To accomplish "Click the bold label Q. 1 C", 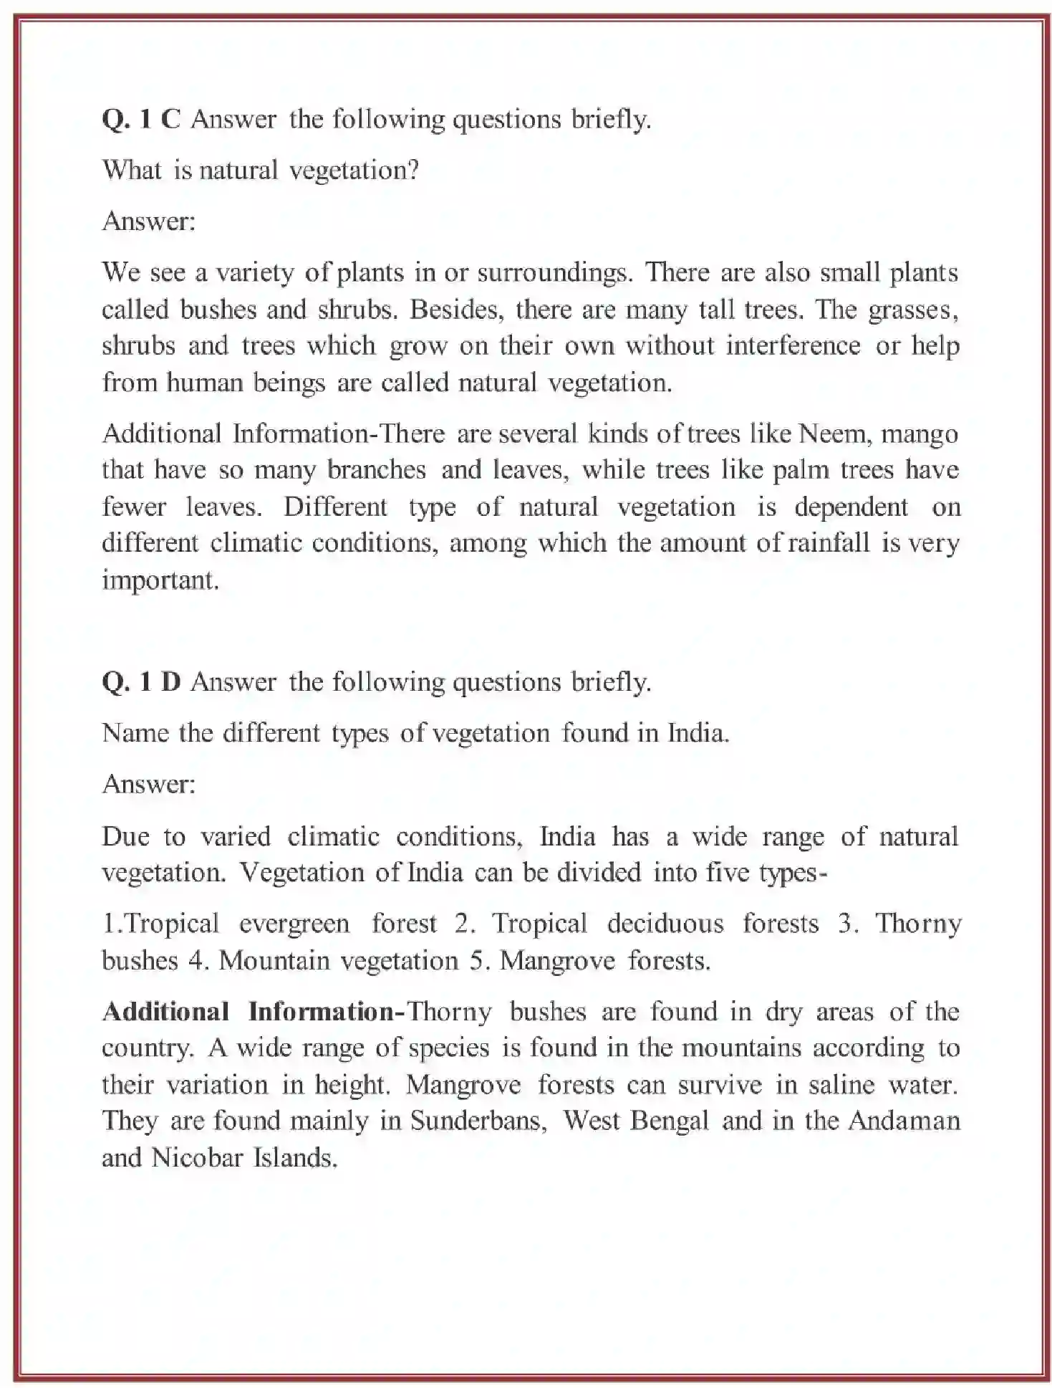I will [x=141, y=118].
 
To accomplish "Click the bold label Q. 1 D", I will [x=141, y=681].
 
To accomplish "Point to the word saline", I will [x=841, y=1084].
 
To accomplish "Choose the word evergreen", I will [x=294, y=924].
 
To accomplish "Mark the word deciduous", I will [x=665, y=924].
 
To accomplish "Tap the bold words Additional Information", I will [x=248, y=1012].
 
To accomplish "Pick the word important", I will [x=160, y=580].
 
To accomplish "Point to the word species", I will [x=449, y=1048].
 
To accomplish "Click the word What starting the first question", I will [x=132, y=170].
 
